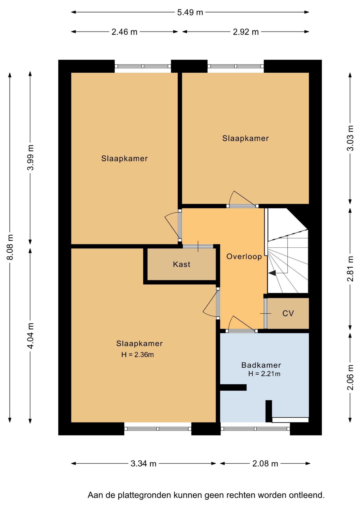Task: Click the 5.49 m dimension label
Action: click(190, 12)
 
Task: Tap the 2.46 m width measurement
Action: click(124, 32)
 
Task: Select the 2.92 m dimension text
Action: click(246, 32)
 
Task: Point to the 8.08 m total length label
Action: click(10, 247)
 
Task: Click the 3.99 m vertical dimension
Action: click(30, 157)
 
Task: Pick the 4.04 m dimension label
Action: click(30, 336)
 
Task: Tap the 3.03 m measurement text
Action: click(350, 138)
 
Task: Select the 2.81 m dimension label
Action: click(350, 269)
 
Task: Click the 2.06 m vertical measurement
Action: click(350, 377)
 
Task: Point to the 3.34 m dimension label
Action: click(143, 463)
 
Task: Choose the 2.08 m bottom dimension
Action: click(265, 463)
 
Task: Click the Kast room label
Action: click(182, 264)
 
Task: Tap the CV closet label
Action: click(288, 313)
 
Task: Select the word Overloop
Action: click(244, 256)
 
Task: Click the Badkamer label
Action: click(261, 365)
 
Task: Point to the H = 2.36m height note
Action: click(138, 354)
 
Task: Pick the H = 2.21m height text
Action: click(264, 374)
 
